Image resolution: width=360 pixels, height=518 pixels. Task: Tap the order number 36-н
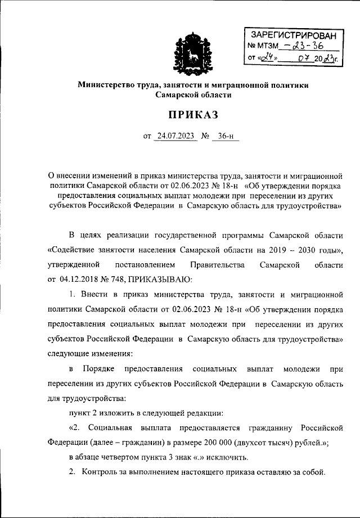coord(225,136)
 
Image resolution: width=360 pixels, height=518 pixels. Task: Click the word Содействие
coord(74,249)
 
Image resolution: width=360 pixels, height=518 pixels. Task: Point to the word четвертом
coord(125,456)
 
